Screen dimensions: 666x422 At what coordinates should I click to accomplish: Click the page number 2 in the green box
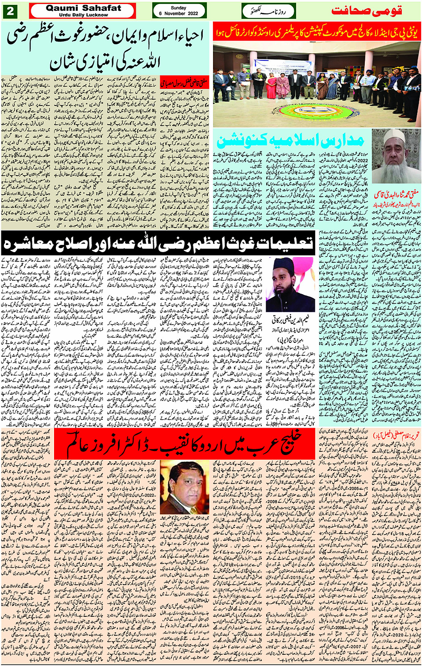click(10, 11)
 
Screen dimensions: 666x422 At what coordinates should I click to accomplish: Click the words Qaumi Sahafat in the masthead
click(84, 8)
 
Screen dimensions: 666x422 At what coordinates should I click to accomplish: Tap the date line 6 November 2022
click(179, 14)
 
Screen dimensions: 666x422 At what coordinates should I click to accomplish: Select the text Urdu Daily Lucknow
click(84, 15)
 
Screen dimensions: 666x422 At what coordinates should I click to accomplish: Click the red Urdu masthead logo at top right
click(374, 11)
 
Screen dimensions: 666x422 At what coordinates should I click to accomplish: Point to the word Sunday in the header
click(179, 8)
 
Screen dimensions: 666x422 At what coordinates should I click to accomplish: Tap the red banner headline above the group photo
click(317, 33)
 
